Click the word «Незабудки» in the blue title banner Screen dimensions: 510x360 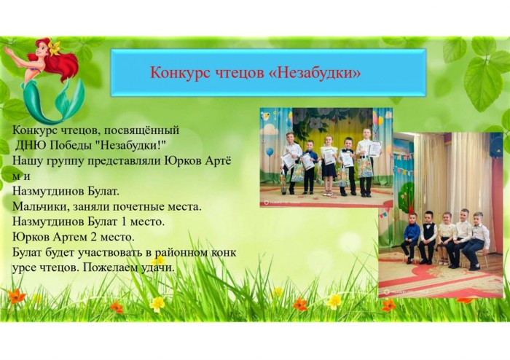[315, 73]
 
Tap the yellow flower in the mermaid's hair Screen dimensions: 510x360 [55, 47]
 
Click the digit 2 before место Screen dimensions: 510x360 [94, 237]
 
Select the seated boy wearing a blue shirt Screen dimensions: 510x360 [410, 238]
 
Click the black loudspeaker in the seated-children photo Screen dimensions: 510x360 [496, 145]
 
